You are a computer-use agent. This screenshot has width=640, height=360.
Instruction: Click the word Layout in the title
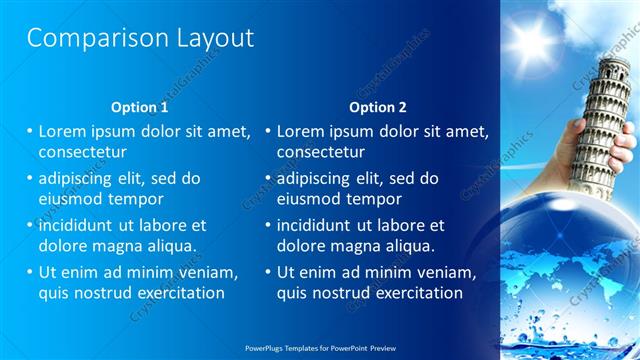pos(209,39)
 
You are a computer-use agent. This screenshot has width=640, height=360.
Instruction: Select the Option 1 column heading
pos(140,107)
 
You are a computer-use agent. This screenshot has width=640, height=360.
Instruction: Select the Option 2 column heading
pos(378,107)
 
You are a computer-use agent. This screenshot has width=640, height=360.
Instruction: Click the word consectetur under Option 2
pos(320,152)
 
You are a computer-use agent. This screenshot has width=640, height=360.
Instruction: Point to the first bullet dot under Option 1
pos(30,131)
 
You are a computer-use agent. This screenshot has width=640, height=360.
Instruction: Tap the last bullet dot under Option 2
pos(268,272)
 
